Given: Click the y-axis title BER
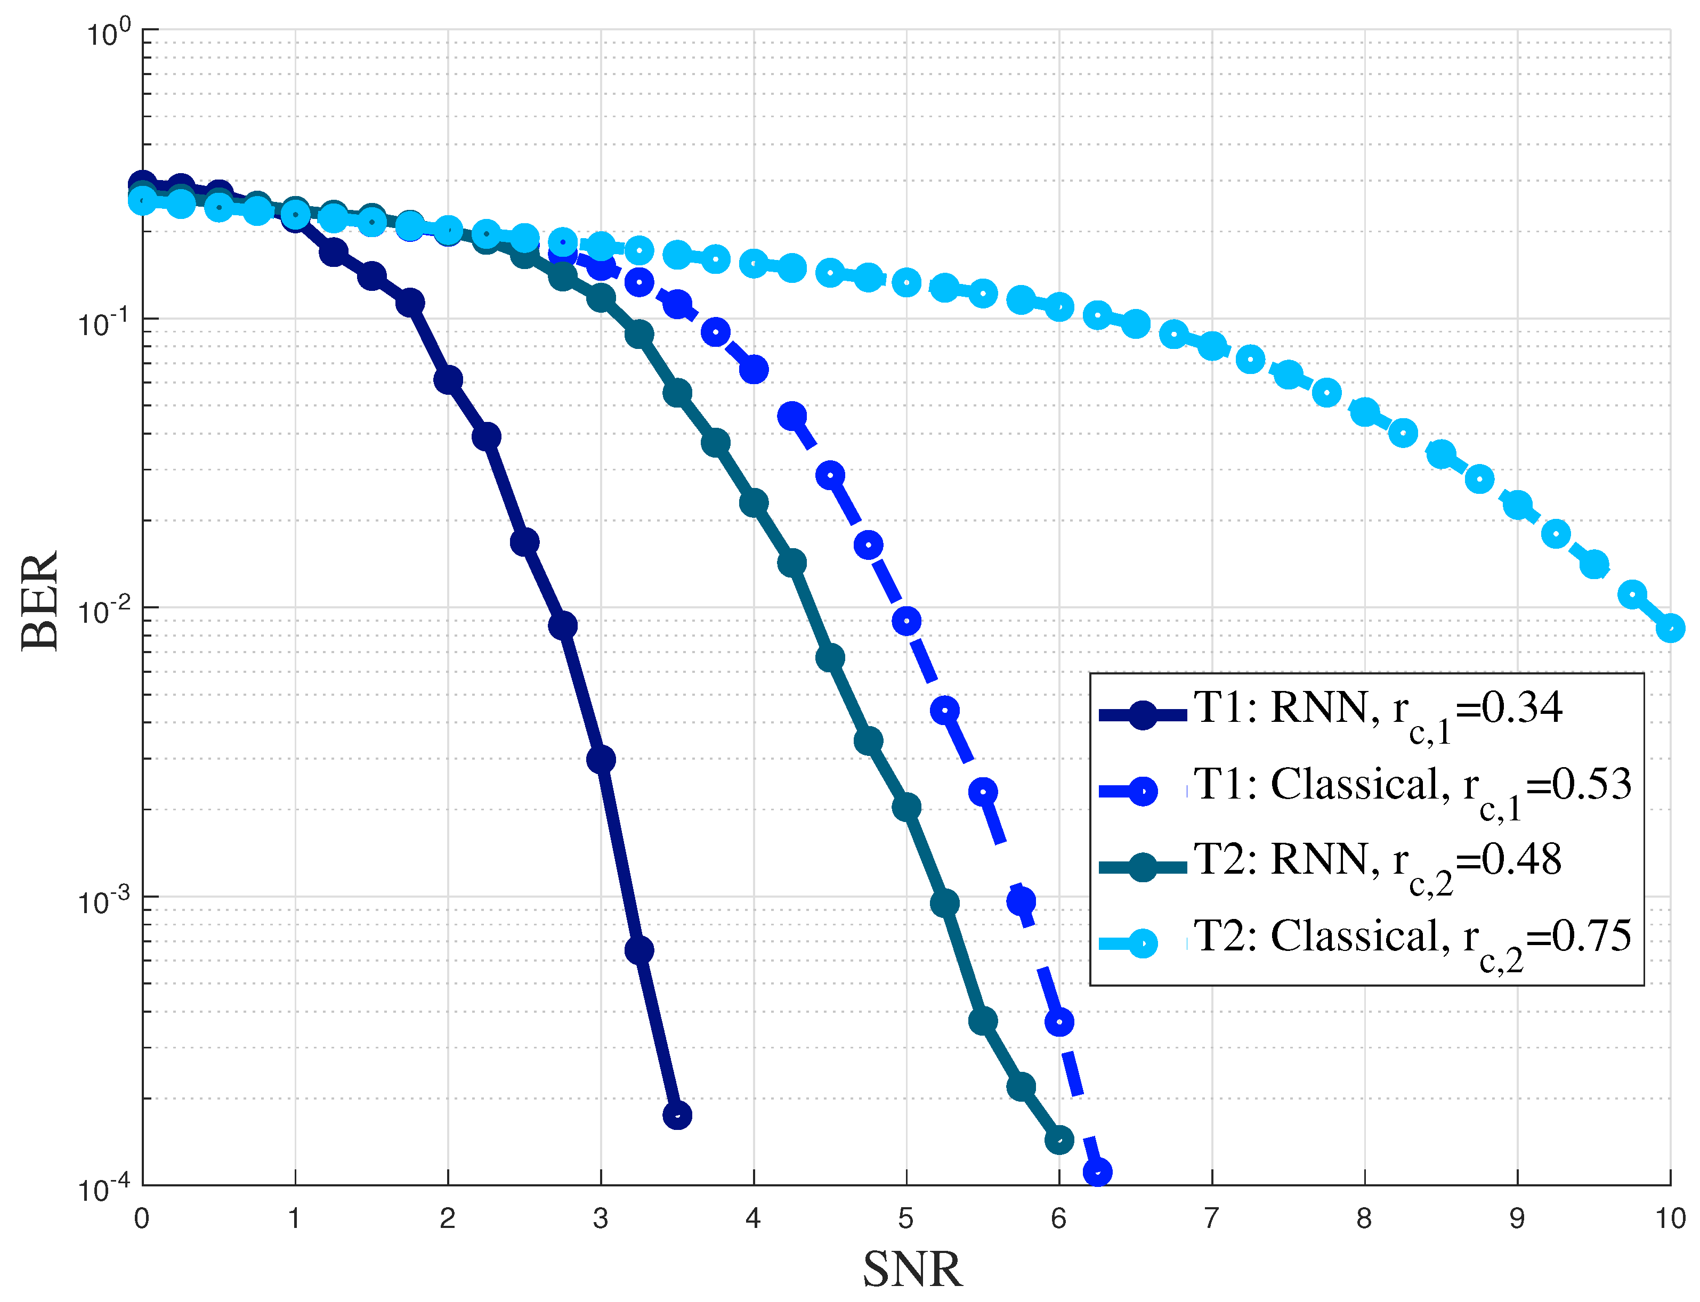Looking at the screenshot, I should tap(41, 601).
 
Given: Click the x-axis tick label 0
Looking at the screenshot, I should tap(141, 1219).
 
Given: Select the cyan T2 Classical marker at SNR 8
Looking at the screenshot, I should tap(1364, 412).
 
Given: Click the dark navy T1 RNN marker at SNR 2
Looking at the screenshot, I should tap(448, 380).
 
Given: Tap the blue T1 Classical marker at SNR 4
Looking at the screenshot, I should tap(754, 370).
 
